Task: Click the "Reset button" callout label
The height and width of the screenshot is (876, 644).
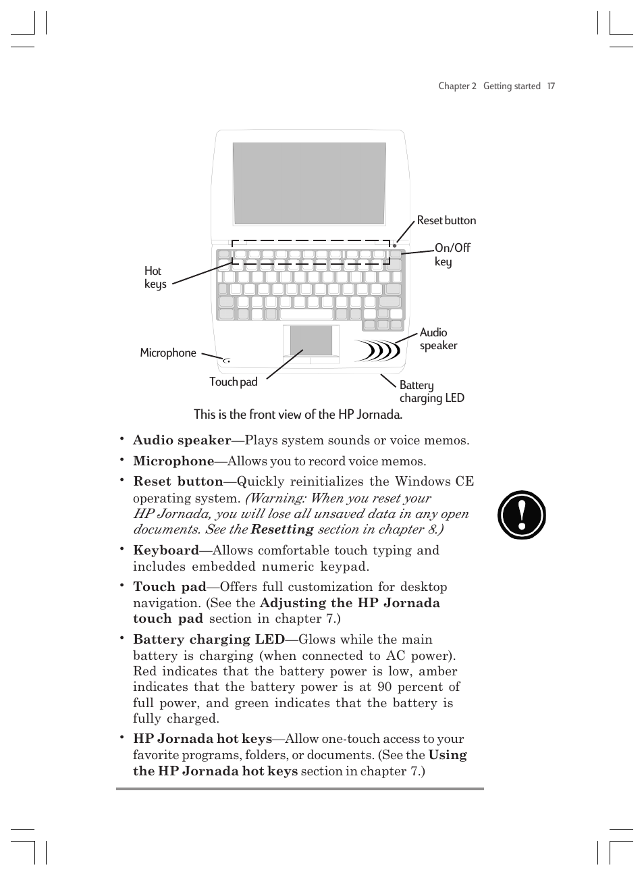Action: click(446, 221)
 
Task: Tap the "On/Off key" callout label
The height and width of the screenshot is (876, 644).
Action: click(452, 255)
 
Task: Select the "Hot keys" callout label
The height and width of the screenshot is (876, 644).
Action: click(155, 278)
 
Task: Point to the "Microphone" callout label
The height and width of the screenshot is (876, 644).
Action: click(168, 353)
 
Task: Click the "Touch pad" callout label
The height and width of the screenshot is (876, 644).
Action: click(233, 382)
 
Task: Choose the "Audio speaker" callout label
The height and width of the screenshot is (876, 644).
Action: click(438, 339)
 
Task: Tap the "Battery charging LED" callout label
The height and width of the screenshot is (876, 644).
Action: click(431, 392)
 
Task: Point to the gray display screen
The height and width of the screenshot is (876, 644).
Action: click(309, 183)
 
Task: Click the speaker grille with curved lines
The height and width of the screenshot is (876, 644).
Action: click(377, 350)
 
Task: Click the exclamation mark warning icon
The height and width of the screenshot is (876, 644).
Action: click(521, 515)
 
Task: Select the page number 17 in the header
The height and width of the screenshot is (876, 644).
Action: click(551, 86)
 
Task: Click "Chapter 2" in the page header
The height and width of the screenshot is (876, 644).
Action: click(457, 86)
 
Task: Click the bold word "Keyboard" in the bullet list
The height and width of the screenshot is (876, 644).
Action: click(166, 550)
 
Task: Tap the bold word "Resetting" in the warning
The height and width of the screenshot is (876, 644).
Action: click(282, 530)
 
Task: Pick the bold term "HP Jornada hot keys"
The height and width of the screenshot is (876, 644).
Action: click(203, 739)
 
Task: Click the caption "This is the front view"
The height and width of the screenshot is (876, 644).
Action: click(298, 415)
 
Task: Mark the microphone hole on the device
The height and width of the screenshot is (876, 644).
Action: click(227, 361)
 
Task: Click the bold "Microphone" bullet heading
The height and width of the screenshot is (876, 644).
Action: click(173, 461)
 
